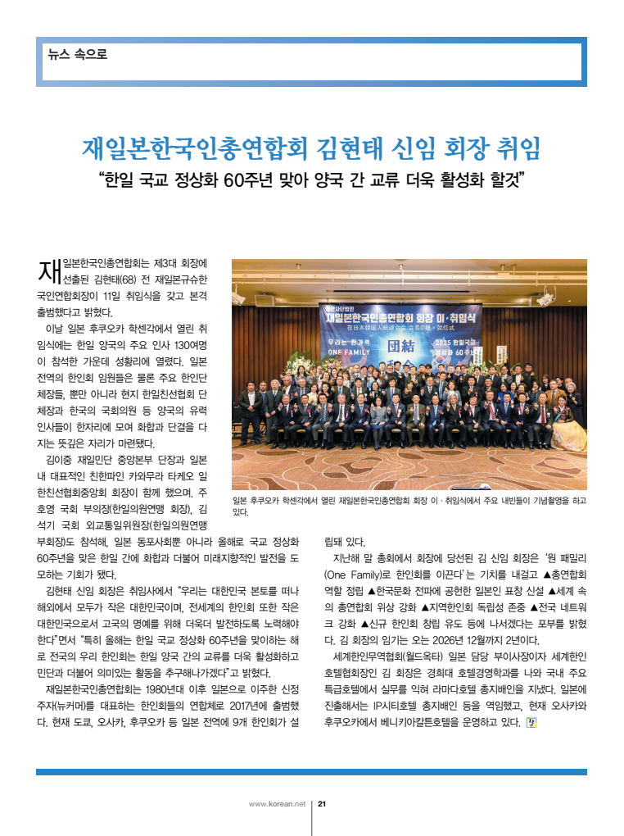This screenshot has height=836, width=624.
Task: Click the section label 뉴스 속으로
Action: coord(77,55)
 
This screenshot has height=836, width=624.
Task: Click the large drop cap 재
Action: coord(49,270)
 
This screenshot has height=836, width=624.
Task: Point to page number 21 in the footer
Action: coord(323,803)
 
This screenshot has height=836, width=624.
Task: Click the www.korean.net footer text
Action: coord(277,803)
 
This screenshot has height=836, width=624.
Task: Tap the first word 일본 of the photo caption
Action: coord(243,499)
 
